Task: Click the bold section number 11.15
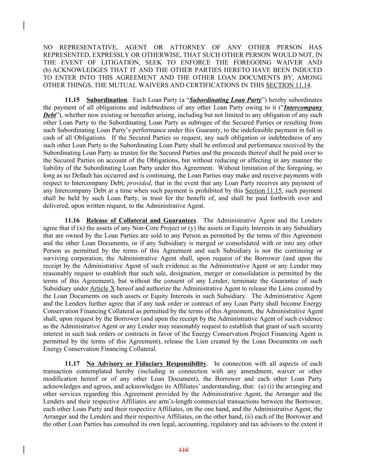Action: click(x=72, y=100)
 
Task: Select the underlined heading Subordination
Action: click(x=106, y=100)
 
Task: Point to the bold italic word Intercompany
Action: click(x=303, y=108)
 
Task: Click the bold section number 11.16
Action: click(x=72, y=221)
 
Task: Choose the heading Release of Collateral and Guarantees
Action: click(x=141, y=221)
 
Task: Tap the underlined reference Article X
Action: click(x=102, y=288)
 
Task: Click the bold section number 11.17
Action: click(x=72, y=364)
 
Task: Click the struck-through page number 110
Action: click(x=183, y=450)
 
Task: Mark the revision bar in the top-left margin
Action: click(x=23, y=25)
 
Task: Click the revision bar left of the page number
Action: click(x=23, y=450)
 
